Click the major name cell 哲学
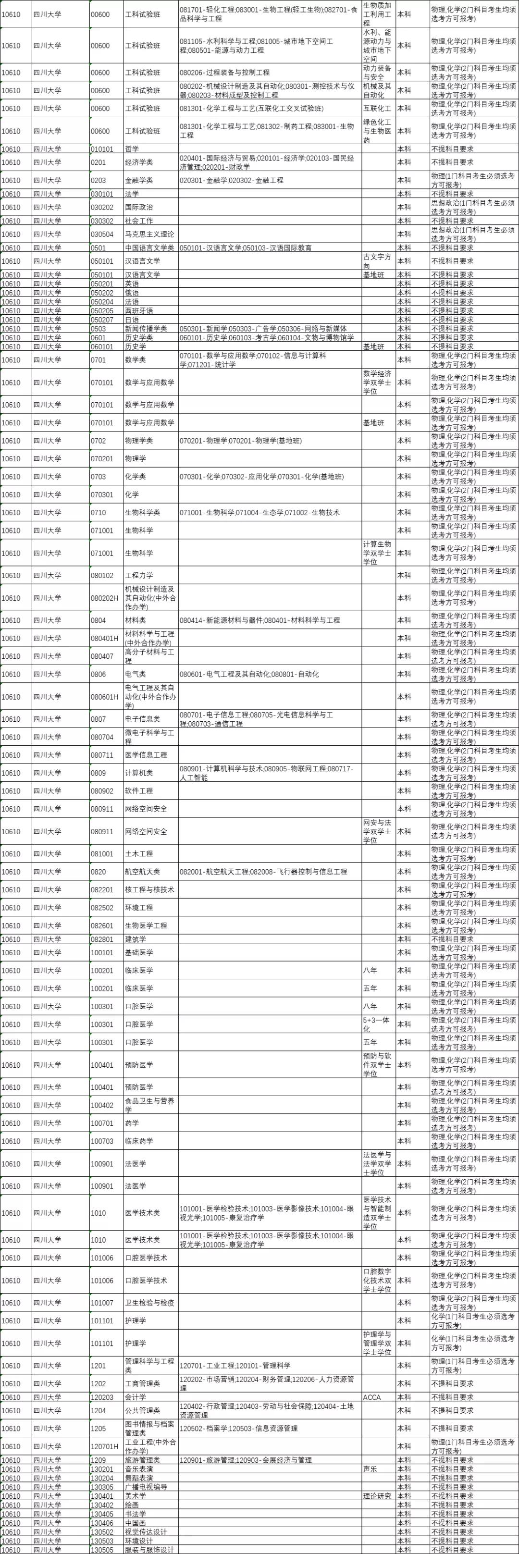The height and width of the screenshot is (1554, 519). click(132, 149)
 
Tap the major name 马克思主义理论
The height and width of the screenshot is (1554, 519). click(149, 234)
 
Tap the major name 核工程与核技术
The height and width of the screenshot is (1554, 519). click(149, 890)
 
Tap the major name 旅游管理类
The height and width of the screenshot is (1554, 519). click(142, 1460)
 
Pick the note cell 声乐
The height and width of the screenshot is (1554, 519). click(370, 1469)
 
